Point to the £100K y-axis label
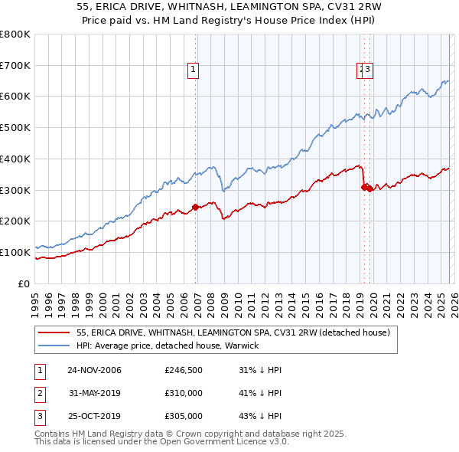pyautogui.click(x=15, y=252)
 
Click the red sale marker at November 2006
pyautogui.click(x=195, y=206)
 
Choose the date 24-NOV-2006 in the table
pyautogui.click(x=94, y=370)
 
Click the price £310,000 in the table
pyautogui.click(x=184, y=393)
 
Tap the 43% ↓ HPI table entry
pyautogui.click(x=261, y=416)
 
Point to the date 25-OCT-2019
pyautogui.click(x=94, y=416)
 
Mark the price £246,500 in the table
pyautogui.click(x=184, y=370)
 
